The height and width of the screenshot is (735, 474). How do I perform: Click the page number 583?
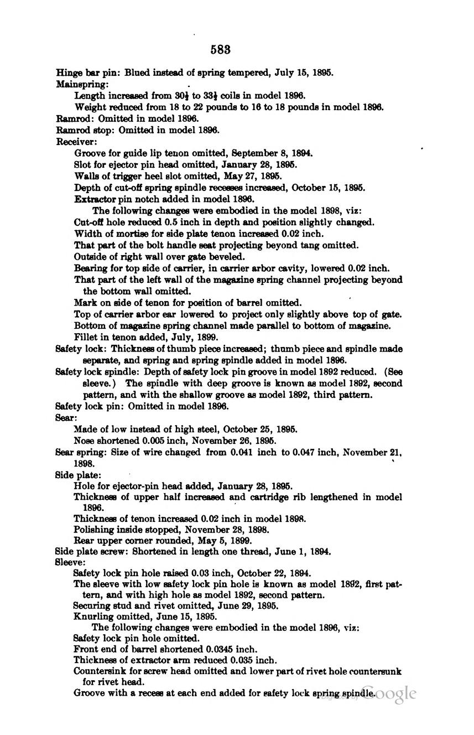click(220, 49)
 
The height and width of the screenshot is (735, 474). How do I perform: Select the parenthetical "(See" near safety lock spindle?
click(393, 372)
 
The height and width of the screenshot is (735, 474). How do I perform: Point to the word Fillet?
click(85, 337)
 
